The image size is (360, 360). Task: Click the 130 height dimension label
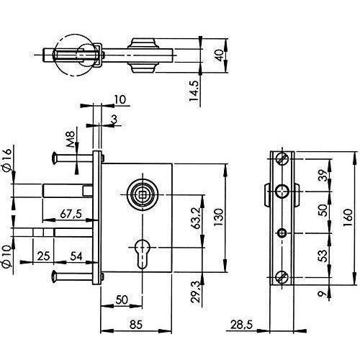coord(219,217)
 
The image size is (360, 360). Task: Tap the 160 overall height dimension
coord(348,218)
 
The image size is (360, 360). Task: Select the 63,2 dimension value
coord(197,218)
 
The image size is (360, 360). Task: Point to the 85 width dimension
coord(136,325)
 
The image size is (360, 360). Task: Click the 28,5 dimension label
coord(242,325)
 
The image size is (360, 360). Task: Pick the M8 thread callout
coord(71,139)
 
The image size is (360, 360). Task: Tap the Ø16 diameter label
coord(7,160)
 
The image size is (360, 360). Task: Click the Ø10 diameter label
coord(7,256)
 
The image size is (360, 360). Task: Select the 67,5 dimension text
coord(71,213)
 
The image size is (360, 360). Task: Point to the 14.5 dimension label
coord(194,91)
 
